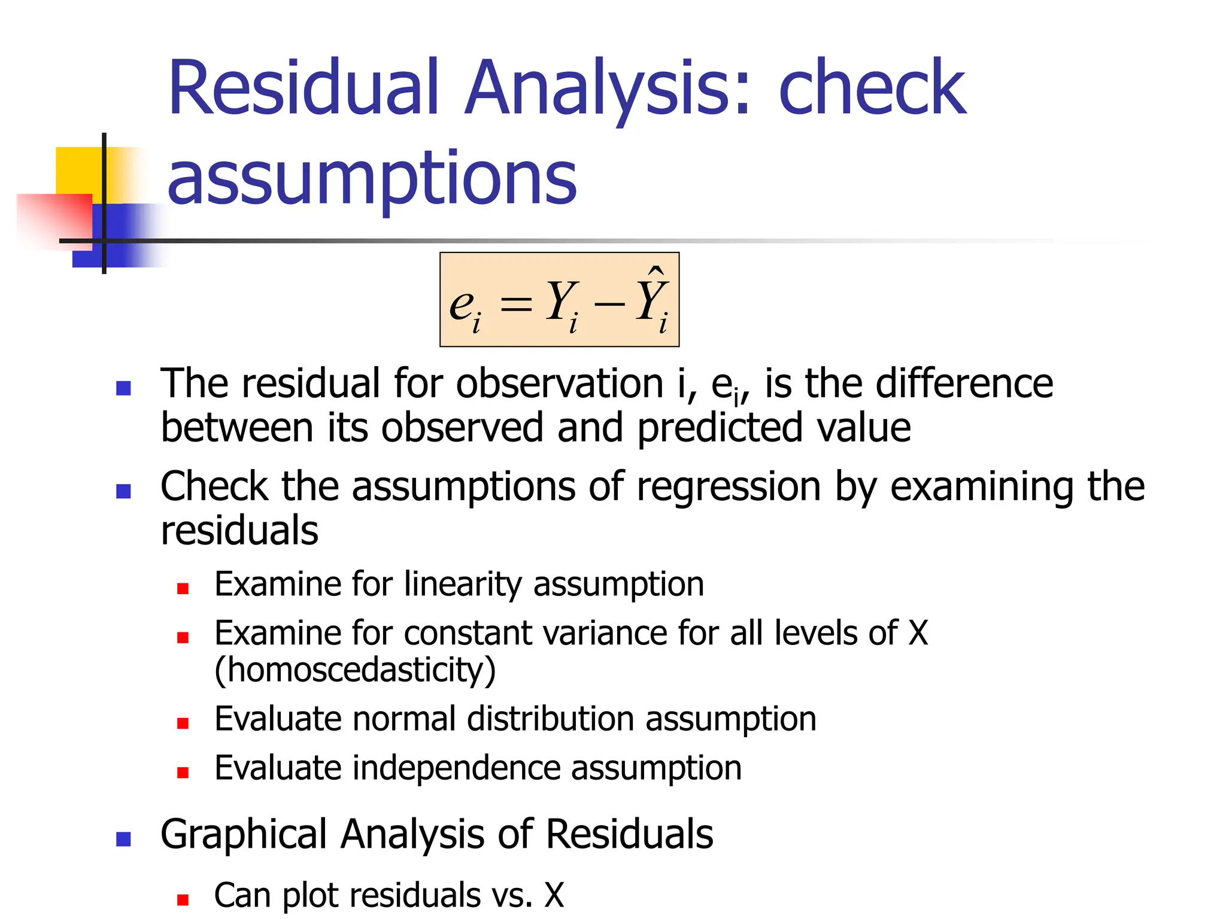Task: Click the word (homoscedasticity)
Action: [355, 670]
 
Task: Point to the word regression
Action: [729, 486]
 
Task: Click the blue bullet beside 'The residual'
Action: [123, 389]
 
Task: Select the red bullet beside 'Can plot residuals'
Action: [183, 899]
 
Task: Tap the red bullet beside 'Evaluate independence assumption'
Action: [183, 772]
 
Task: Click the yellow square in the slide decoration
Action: [78, 171]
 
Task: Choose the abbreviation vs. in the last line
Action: [512, 896]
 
